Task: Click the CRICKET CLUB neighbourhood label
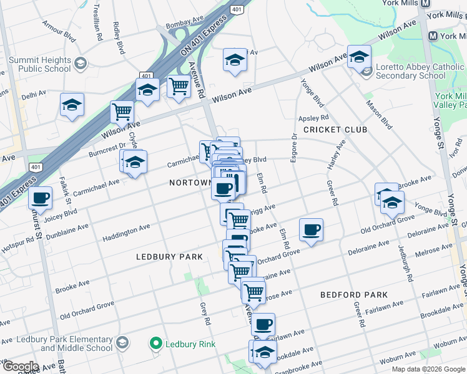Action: point(335,130)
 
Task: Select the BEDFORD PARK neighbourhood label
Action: point(353,295)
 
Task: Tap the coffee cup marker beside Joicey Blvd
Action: point(41,198)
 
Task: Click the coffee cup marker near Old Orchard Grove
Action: point(311,229)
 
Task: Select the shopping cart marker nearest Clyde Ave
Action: point(122,112)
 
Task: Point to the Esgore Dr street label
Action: point(293,148)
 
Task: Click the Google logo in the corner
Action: point(20,367)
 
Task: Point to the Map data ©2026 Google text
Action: point(428,369)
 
